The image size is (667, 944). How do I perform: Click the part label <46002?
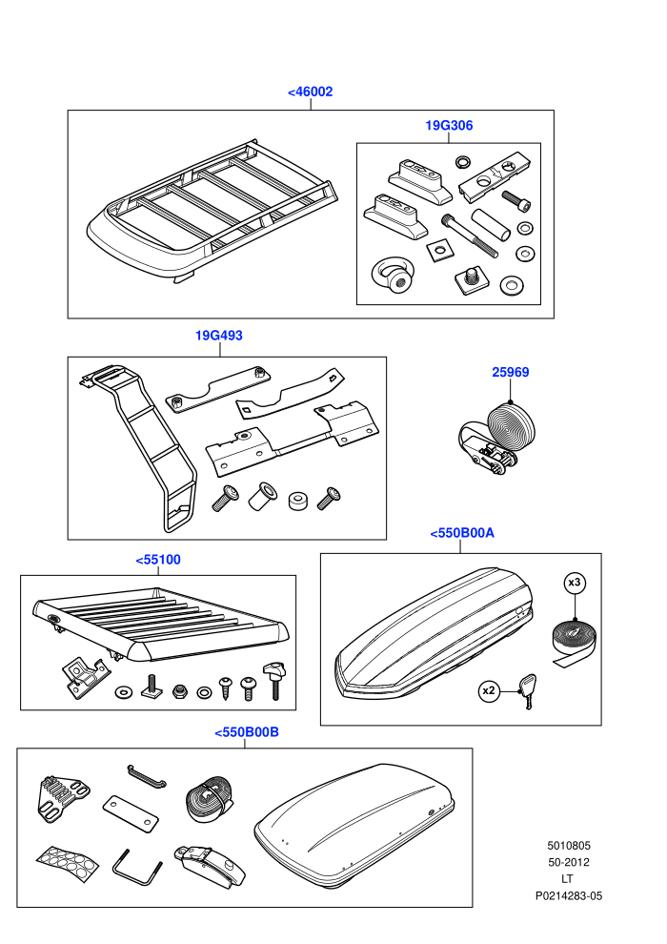pyautogui.click(x=311, y=92)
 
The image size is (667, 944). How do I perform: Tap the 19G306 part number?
pyautogui.click(x=449, y=125)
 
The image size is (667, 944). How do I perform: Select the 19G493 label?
pyautogui.click(x=219, y=336)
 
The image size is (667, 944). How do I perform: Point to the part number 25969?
pyautogui.click(x=511, y=372)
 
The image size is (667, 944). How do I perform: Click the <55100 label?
pyautogui.click(x=158, y=560)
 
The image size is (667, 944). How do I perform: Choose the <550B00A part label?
pyautogui.click(x=462, y=533)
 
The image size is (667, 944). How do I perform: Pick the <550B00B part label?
pyautogui.click(x=247, y=732)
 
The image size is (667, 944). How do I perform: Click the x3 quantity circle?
pyautogui.click(x=575, y=583)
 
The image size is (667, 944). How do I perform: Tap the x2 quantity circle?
pyautogui.click(x=489, y=690)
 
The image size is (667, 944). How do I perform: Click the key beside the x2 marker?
pyautogui.click(x=527, y=690)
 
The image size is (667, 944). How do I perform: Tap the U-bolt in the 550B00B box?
pyautogui.click(x=137, y=868)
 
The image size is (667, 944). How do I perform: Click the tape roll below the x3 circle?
pyautogui.click(x=574, y=642)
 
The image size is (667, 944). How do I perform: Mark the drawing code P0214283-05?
pyautogui.click(x=568, y=895)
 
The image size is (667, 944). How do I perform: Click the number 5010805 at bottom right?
pyautogui.click(x=568, y=845)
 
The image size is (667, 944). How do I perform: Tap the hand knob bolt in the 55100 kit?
pyautogui.click(x=274, y=679)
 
